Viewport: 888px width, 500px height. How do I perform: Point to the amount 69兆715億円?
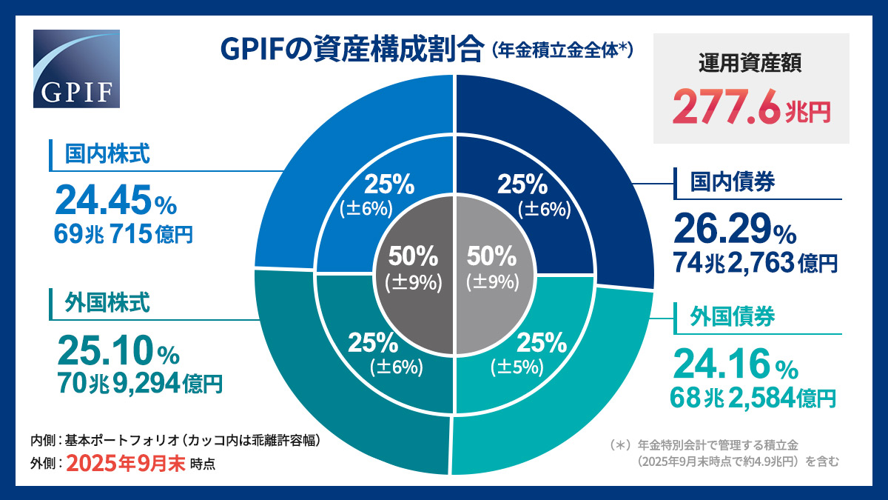pos(124,234)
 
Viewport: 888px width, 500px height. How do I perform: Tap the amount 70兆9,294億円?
pos(139,383)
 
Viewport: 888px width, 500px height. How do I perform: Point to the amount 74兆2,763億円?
pos(755,262)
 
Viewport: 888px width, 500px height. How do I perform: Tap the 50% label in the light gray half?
pos(491,256)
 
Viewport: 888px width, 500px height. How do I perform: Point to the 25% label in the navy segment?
pos(522,183)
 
